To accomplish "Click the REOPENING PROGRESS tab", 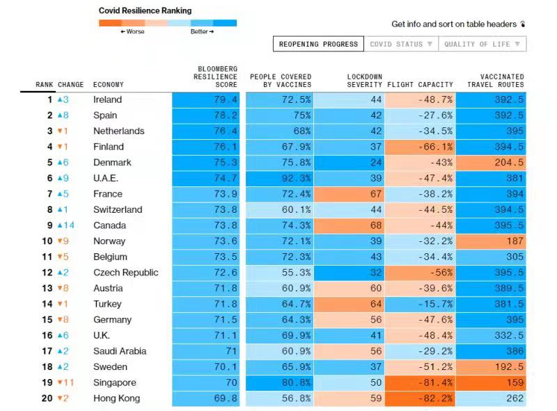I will [x=318, y=45].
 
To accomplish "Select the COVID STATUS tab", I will [x=401, y=45].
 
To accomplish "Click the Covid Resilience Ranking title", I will [x=145, y=11].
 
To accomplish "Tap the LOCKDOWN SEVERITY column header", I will [x=364, y=81].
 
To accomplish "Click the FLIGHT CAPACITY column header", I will [x=420, y=85].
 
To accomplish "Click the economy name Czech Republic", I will [x=125, y=273].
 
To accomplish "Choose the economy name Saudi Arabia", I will [x=120, y=351].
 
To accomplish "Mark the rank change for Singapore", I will [x=65, y=382].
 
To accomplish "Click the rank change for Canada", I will [x=65, y=225].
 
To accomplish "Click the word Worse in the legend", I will [x=134, y=32].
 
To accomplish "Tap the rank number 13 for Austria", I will [x=48, y=288].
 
